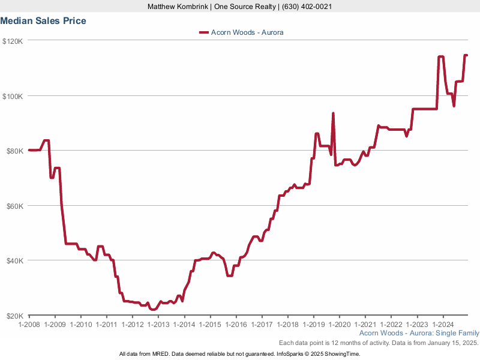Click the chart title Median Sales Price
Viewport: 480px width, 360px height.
(x=43, y=21)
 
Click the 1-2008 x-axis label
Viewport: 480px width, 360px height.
(x=29, y=324)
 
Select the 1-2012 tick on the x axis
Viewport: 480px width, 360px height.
(x=133, y=324)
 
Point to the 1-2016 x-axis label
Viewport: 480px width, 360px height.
(x=236, y=324)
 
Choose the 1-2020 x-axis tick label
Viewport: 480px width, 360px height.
(x=339, y=324)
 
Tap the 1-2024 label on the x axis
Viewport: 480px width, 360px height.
(x=442, y=324)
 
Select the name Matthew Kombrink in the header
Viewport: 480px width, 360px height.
(x=178, y=7)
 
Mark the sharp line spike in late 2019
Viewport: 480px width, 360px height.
(x=333, y=113)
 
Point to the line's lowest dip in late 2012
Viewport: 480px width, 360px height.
(x=153, y=310)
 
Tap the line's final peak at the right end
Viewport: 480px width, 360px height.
(x=465, y=55)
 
